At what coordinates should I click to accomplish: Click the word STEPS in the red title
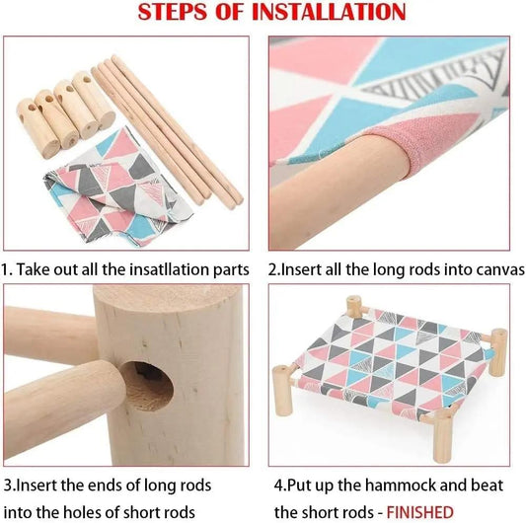173,12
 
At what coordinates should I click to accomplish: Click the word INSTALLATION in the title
329,12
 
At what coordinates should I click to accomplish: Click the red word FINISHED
419,512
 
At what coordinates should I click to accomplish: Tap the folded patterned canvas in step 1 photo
117,187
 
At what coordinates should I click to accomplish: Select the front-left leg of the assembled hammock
283,386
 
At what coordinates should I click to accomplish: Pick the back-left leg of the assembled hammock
354,307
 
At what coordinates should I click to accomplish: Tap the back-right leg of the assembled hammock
497,352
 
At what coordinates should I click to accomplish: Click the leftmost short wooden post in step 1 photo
38,128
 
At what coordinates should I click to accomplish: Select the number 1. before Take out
6,269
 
